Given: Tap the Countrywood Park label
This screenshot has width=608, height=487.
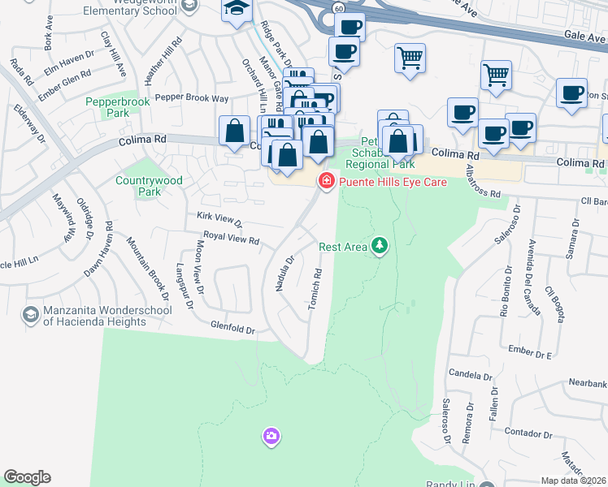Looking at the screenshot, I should (x=138, y=186).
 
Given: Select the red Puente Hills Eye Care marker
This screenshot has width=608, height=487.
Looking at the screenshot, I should (x=327, y=181).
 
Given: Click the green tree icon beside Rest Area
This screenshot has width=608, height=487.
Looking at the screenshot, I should (x=378, y=245).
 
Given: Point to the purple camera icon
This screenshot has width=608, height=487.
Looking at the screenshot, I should (x=271, y=437).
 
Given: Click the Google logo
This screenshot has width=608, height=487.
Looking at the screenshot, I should (x=27, y=477).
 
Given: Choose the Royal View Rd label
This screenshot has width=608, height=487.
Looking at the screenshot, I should (x=231, y=240).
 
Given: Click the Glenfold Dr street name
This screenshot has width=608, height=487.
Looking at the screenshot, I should (x=232, y=330).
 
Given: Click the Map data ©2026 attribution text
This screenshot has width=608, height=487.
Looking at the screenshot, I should (x=574, y=481).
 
